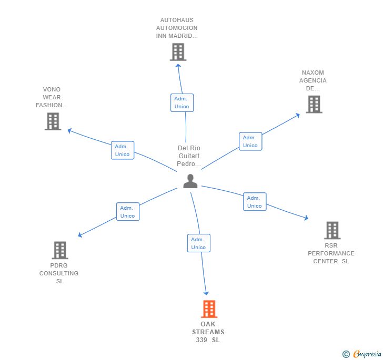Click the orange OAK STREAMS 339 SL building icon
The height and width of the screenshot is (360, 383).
pos(209,309)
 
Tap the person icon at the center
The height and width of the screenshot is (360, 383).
pos(190,181)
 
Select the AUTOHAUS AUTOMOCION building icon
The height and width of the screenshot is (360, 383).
pos(178,52)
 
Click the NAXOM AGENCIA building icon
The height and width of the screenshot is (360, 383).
pos(314,104)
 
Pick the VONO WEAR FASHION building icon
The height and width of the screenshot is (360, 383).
pos(53,121)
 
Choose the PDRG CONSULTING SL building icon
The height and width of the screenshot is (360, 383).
pos(60,250)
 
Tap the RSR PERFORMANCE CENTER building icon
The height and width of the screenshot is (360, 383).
pos(332,230)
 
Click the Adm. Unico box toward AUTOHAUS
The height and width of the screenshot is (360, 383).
pos(182,102)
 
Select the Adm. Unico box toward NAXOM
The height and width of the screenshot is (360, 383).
pos(250,141)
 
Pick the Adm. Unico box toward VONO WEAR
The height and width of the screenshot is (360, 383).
pos(123,150)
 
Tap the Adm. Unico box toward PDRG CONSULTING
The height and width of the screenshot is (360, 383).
pos(128,211)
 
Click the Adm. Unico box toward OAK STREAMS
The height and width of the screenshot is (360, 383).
pos(198,243)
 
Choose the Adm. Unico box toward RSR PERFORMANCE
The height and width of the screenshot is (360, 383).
pos(255,202)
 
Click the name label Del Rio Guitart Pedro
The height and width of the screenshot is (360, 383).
pos(189,156)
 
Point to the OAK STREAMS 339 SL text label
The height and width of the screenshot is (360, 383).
pos(208,332)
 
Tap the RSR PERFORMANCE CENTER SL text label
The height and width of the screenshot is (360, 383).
pos(331,253)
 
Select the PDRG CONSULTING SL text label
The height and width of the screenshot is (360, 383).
pos(59,273)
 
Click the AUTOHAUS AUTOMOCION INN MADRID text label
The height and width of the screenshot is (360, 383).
pos(177,28)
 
